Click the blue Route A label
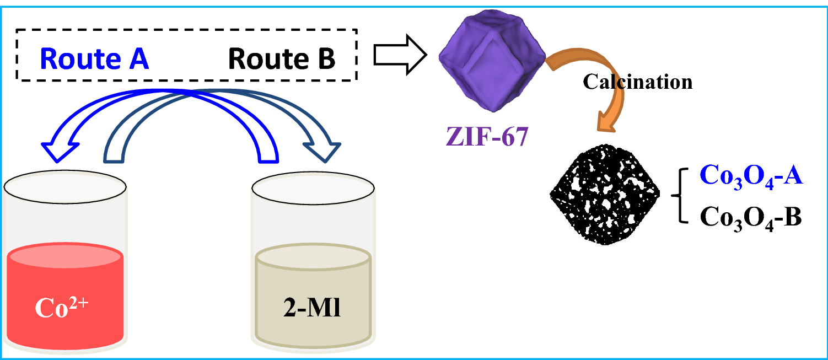click(94, 58)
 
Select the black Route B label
click(282, 58)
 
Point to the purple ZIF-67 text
click(486, 135)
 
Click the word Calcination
click(637, 82)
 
